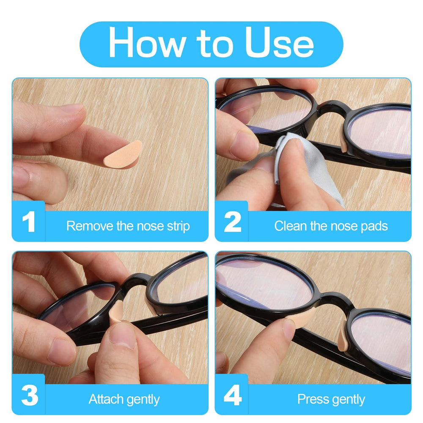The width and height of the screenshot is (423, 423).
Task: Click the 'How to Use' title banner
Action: point(211,44)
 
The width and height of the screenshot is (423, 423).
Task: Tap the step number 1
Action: point(28,223)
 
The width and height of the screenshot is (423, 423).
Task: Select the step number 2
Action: point(232,223)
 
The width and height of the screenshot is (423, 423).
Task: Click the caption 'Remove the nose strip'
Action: point(128,226)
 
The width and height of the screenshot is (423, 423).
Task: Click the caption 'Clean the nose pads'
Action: point(331,226)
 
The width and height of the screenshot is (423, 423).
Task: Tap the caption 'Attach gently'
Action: point(124,399)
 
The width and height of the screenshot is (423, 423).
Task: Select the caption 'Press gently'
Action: point(331,399)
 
